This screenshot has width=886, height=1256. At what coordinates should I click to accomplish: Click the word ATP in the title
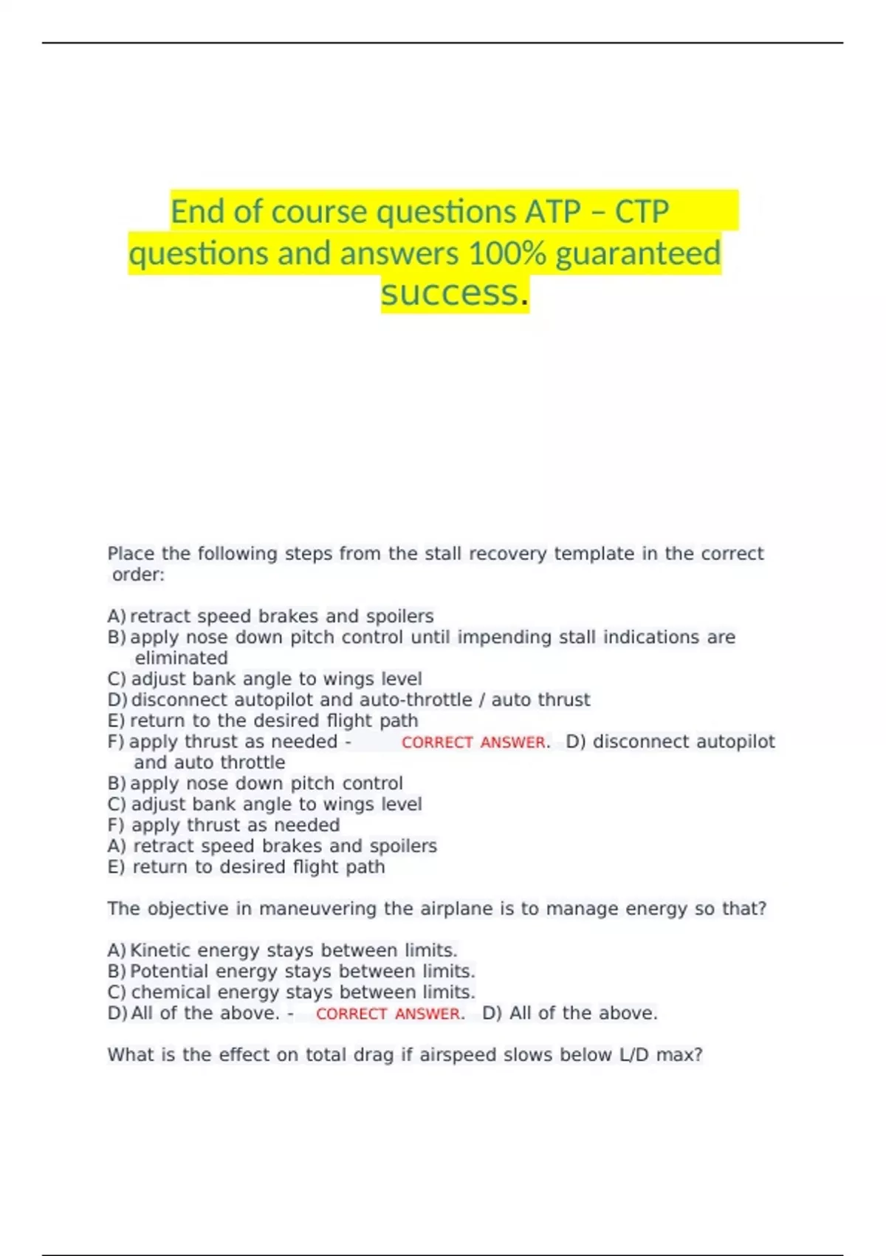pyautogui.click(x=553, y=212)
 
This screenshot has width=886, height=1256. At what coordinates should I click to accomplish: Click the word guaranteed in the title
pyautogui.click(x=638, y=253)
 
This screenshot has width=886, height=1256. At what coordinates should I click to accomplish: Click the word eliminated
pyautogui.click(x=181, y=658)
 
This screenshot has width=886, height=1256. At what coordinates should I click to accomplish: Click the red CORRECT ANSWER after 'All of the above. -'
pyautogui.click(x=389, y=1014)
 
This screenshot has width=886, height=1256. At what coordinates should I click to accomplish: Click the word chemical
pyautogui.click(x=169, y=992)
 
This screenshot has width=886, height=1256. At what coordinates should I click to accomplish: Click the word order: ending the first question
pyautogui.click(x=138, y=575)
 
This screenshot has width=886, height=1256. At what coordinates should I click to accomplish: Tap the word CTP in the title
pyautogui.click(x=642, y=212)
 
